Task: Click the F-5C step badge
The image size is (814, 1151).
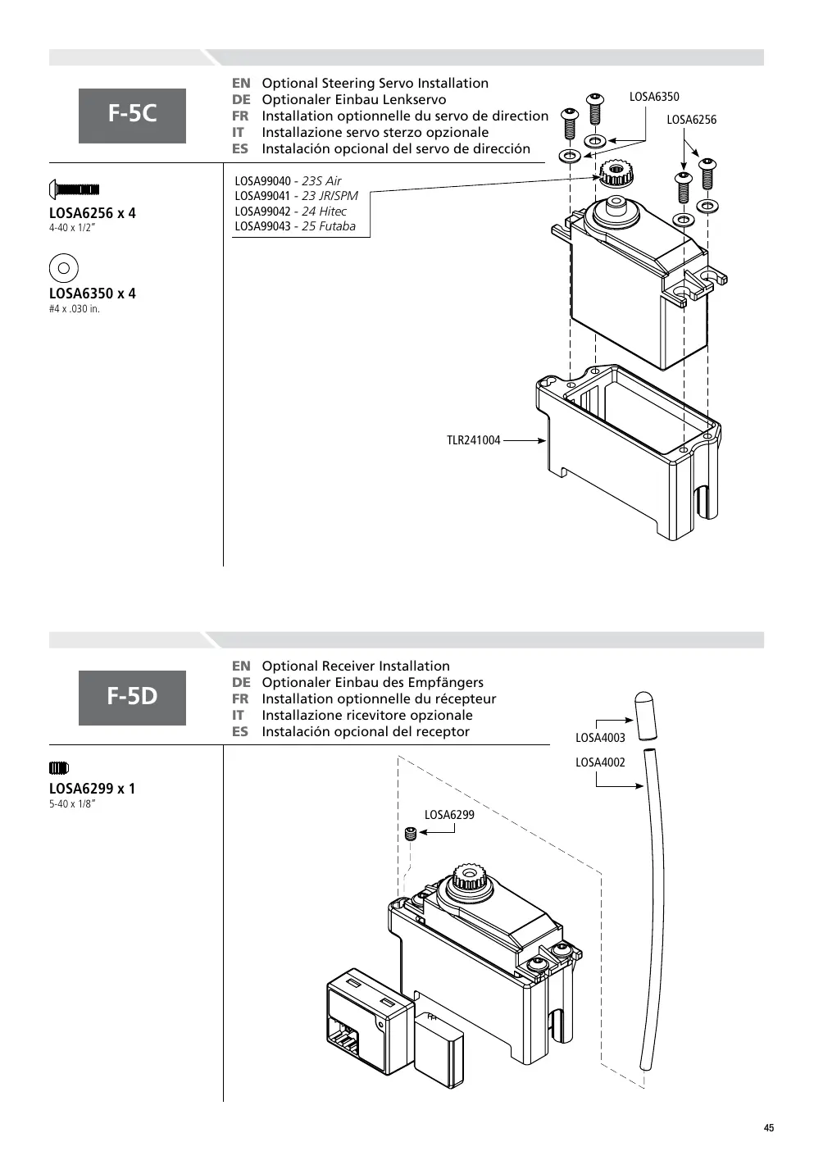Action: (x=132, y=116)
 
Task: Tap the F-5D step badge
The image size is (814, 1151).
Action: (x=132, y=698)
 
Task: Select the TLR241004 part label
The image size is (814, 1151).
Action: (x=473, y=440)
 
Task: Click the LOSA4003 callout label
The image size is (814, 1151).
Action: (x=600, y=737)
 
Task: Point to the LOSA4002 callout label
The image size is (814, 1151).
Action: (x=600, y=762)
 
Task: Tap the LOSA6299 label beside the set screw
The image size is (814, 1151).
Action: (x=449, y=814)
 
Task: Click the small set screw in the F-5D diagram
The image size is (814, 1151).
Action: (x=410, y=834)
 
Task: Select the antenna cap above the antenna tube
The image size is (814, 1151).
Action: (x=645, y=716)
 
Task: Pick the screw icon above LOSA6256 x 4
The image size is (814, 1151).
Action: (x=74, y=189)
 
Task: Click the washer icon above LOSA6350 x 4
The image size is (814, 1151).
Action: (x=64, y=268)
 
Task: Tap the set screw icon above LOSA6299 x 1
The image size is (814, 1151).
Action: (x=58, y=768)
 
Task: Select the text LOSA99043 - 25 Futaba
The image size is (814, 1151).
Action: (x=295, y=226)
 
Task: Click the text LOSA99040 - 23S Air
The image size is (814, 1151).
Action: (x=288, y=181)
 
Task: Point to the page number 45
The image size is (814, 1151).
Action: (x=768, y=1128)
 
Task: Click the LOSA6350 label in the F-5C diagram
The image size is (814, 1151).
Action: (x=654, y=97)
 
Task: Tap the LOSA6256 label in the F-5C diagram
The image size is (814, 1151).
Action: (x=691, y=120)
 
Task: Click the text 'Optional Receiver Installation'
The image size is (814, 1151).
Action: (x=356, y=666)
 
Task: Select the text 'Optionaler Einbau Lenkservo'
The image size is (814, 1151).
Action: (x=354, y=100)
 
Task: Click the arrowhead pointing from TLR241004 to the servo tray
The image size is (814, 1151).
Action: (x=542, y=440)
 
